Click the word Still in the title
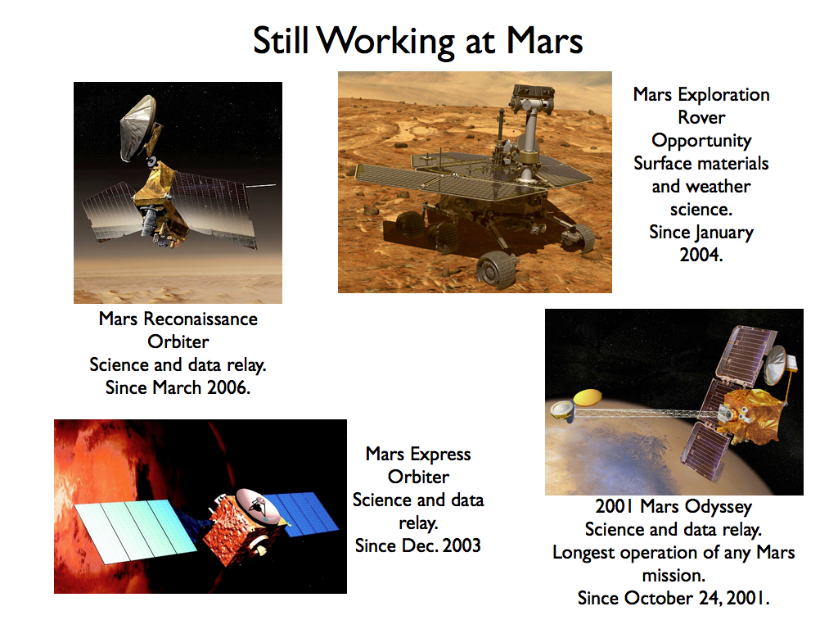click(282, 40)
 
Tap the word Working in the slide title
click(386, 42)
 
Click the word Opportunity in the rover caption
click(701, 141)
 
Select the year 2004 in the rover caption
click(701, 255)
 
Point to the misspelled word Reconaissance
click(200, 319)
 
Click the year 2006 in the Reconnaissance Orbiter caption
click(228, 387)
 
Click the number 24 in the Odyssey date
click(710, 597)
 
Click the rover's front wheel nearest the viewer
click(497, 269)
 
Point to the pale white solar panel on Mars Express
click(136, 532)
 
